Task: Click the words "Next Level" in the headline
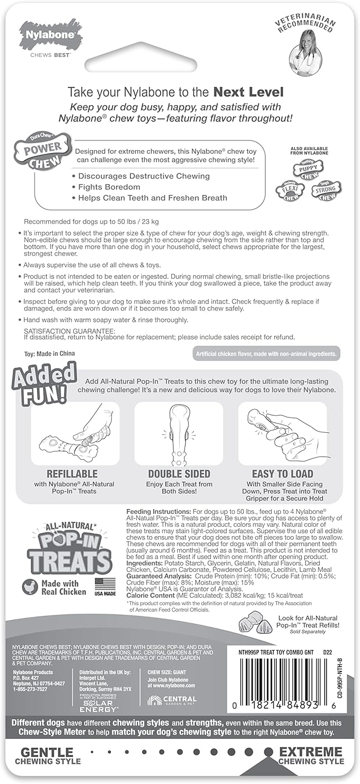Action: [x=248, y=91]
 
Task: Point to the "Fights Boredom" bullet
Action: [x=109, y=187]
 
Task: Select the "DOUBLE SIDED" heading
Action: [x=179, y=474]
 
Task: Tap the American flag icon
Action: [x=105, y=585]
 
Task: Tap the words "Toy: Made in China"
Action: [x=50, y=353]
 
